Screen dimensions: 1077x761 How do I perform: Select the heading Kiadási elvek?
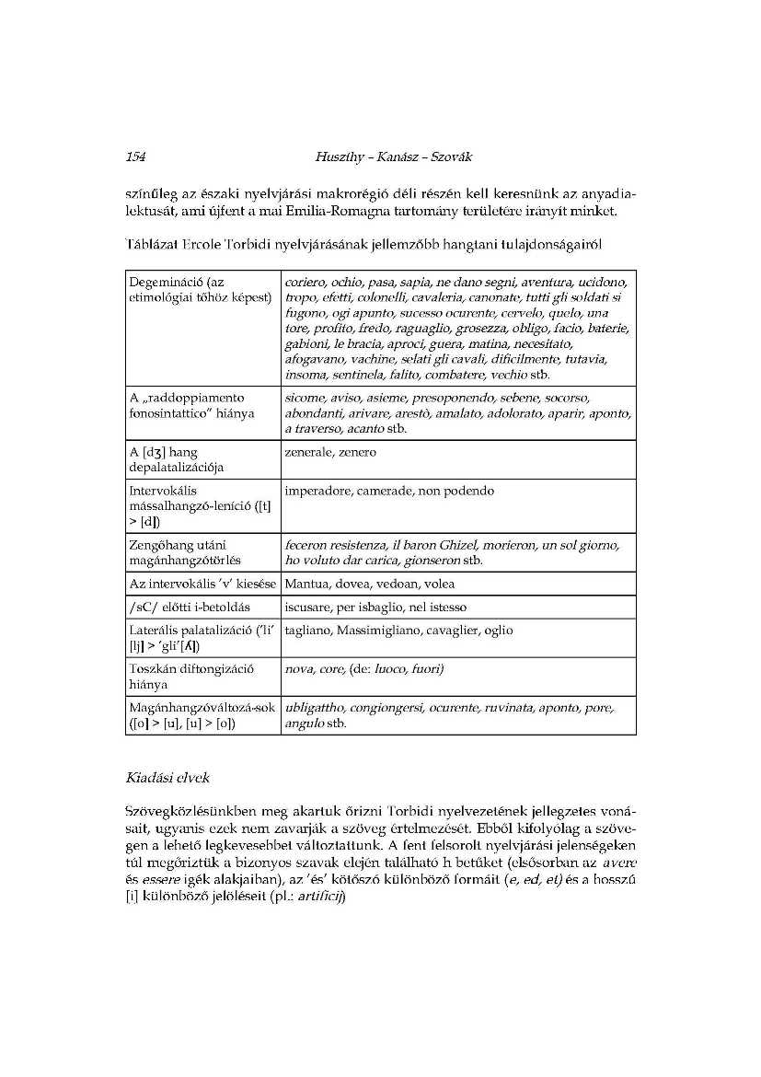(167, 778)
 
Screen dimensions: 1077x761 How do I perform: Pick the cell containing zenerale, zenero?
(330, 453)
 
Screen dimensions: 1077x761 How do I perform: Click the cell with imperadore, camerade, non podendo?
(389, 492)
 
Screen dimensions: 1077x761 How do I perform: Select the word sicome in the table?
(306, 398)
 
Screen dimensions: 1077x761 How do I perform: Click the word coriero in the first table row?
(307, 281)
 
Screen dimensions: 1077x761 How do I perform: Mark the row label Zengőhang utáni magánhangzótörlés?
(184, 552)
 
